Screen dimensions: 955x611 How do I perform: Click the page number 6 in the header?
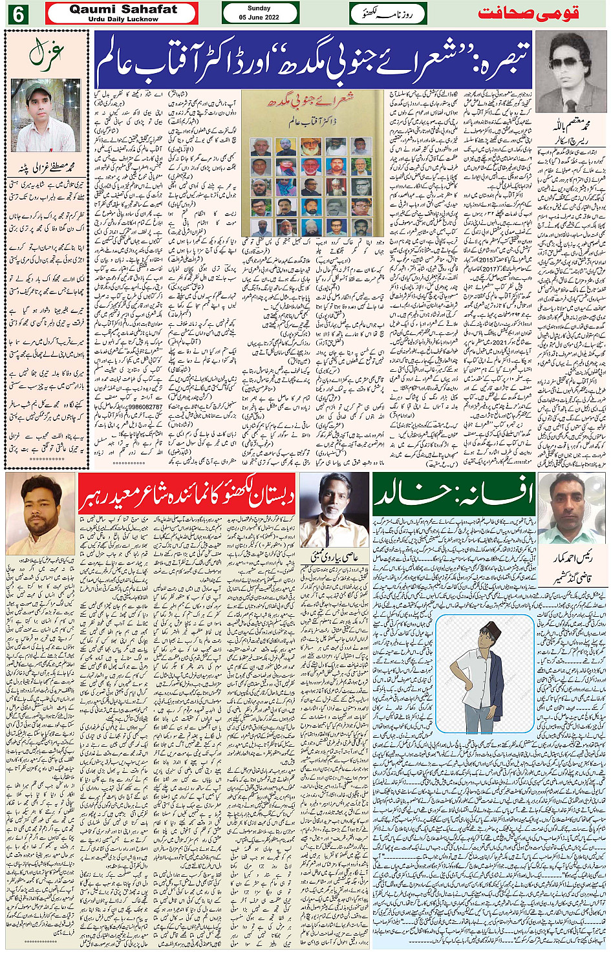[17, 14]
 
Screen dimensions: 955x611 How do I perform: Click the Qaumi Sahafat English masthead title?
[123, 9]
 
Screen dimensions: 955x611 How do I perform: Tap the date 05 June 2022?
[259, 17]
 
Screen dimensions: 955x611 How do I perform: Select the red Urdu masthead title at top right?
[528, 14]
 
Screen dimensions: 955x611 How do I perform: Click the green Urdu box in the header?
[388, 14]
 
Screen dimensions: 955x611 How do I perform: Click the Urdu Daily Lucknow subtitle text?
[123, 19]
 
